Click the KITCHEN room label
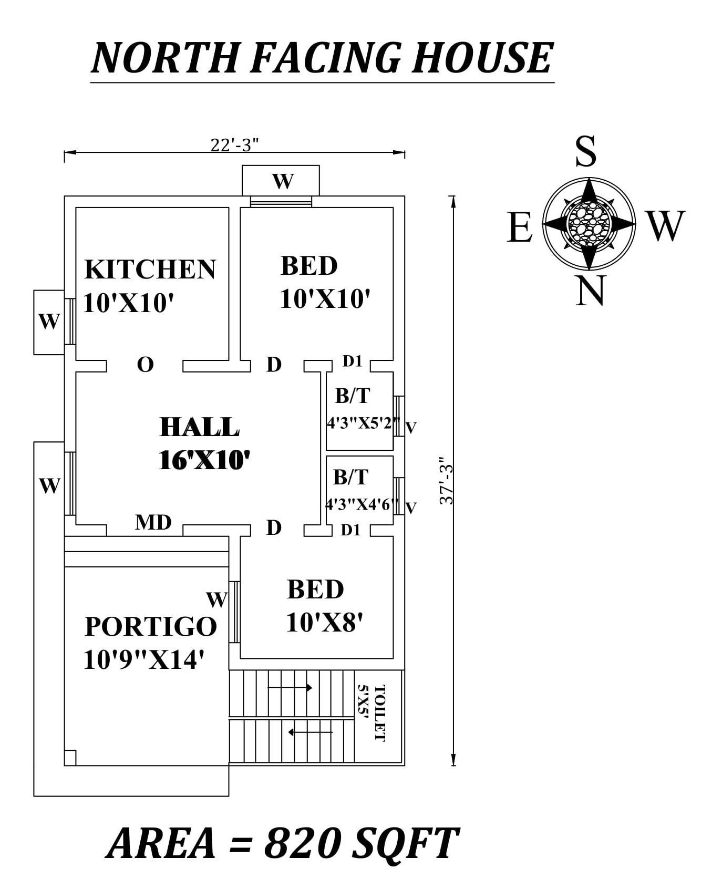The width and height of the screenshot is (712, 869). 150,269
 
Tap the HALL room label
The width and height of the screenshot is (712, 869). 199,427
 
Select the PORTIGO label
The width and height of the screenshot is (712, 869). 151,626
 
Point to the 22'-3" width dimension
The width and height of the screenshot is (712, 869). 234,144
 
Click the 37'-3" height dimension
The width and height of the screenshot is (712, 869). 446,481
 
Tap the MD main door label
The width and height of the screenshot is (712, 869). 153,522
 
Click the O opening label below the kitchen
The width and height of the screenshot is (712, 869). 145,364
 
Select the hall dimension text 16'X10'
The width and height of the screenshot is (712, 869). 203,460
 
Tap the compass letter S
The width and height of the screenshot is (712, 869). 586,151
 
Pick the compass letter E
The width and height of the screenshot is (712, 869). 520,227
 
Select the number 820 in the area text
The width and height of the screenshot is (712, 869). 303,843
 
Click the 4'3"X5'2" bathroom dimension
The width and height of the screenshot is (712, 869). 363,423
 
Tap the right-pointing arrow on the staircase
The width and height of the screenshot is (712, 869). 290,687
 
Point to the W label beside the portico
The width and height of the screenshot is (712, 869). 216,599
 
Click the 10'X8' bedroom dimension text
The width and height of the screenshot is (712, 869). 324,623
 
